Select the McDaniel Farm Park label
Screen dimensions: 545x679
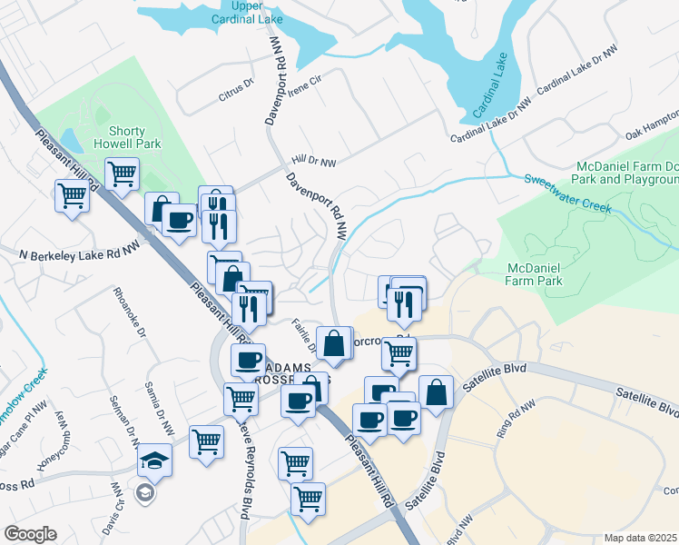click(535, 273)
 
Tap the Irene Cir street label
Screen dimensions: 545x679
click(306, 80)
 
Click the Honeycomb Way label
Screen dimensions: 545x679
click(56, 449)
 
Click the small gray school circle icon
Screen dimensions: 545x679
click(143, 492)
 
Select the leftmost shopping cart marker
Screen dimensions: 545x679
click(72, 193)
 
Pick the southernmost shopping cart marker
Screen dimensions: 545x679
click(308, 497)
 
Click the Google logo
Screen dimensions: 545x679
click(30, 534)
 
